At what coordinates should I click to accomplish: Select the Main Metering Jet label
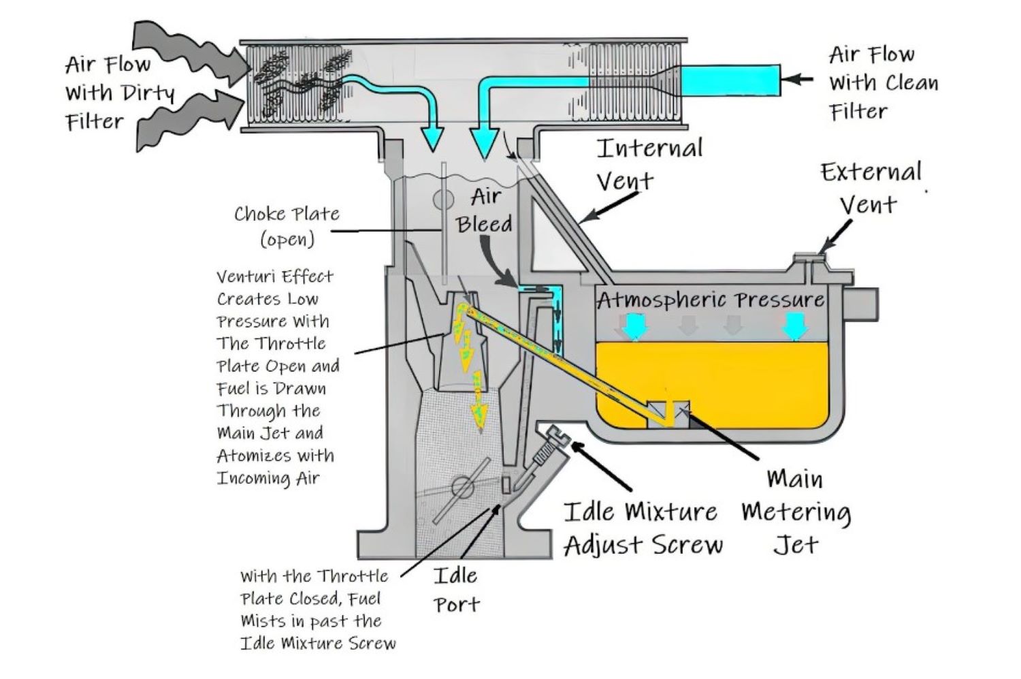pyautogui.click(x=796, y=511)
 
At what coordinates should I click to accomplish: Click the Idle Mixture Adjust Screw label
pyautogui.click(x=642, y=528)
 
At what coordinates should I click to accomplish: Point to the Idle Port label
pyautogui.click(x=456, y=590)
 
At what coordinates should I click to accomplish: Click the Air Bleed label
pyautogui.click(x=485, y=210)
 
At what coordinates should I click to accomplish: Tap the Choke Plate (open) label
pyautogui.click(x=287, y=225)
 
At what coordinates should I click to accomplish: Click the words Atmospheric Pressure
pyautogui.click(x=710, y=300)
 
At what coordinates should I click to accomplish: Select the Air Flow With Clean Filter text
pyautogui.click(x=883, y=82)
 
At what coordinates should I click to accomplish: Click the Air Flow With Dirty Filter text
pyautogui.click(x=119, y=93)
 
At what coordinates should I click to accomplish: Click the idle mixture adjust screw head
pyautogui.click(x=560, y=434)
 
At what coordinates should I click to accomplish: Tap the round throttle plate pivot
pyautogui.click(x=462, y=488)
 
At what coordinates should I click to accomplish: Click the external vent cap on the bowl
pyautogui.click(x=807, y=258)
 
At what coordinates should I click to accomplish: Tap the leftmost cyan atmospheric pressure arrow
pyautogui.click(x=634, y=326)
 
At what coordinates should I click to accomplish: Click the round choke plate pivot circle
pyautogui.click(x=444, y=200)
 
